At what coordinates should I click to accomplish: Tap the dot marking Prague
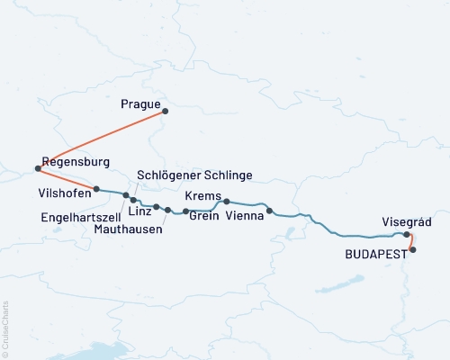166,112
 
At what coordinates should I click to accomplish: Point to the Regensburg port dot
38,168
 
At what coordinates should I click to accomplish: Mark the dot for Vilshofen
96,189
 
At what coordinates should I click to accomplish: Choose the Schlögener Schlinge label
194,175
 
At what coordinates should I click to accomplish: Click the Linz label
139,211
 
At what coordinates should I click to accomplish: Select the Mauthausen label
129,229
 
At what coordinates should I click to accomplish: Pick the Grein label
203,217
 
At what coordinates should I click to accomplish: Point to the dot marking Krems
227,202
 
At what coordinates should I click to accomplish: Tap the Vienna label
246,217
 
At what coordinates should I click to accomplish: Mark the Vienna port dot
269,211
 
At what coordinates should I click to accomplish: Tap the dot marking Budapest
413,249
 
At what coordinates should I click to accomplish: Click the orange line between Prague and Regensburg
102,139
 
